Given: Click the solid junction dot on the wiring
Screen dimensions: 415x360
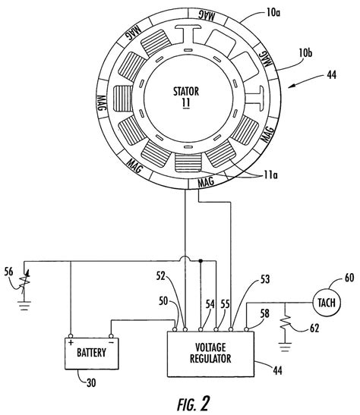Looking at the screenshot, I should [200, 261].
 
